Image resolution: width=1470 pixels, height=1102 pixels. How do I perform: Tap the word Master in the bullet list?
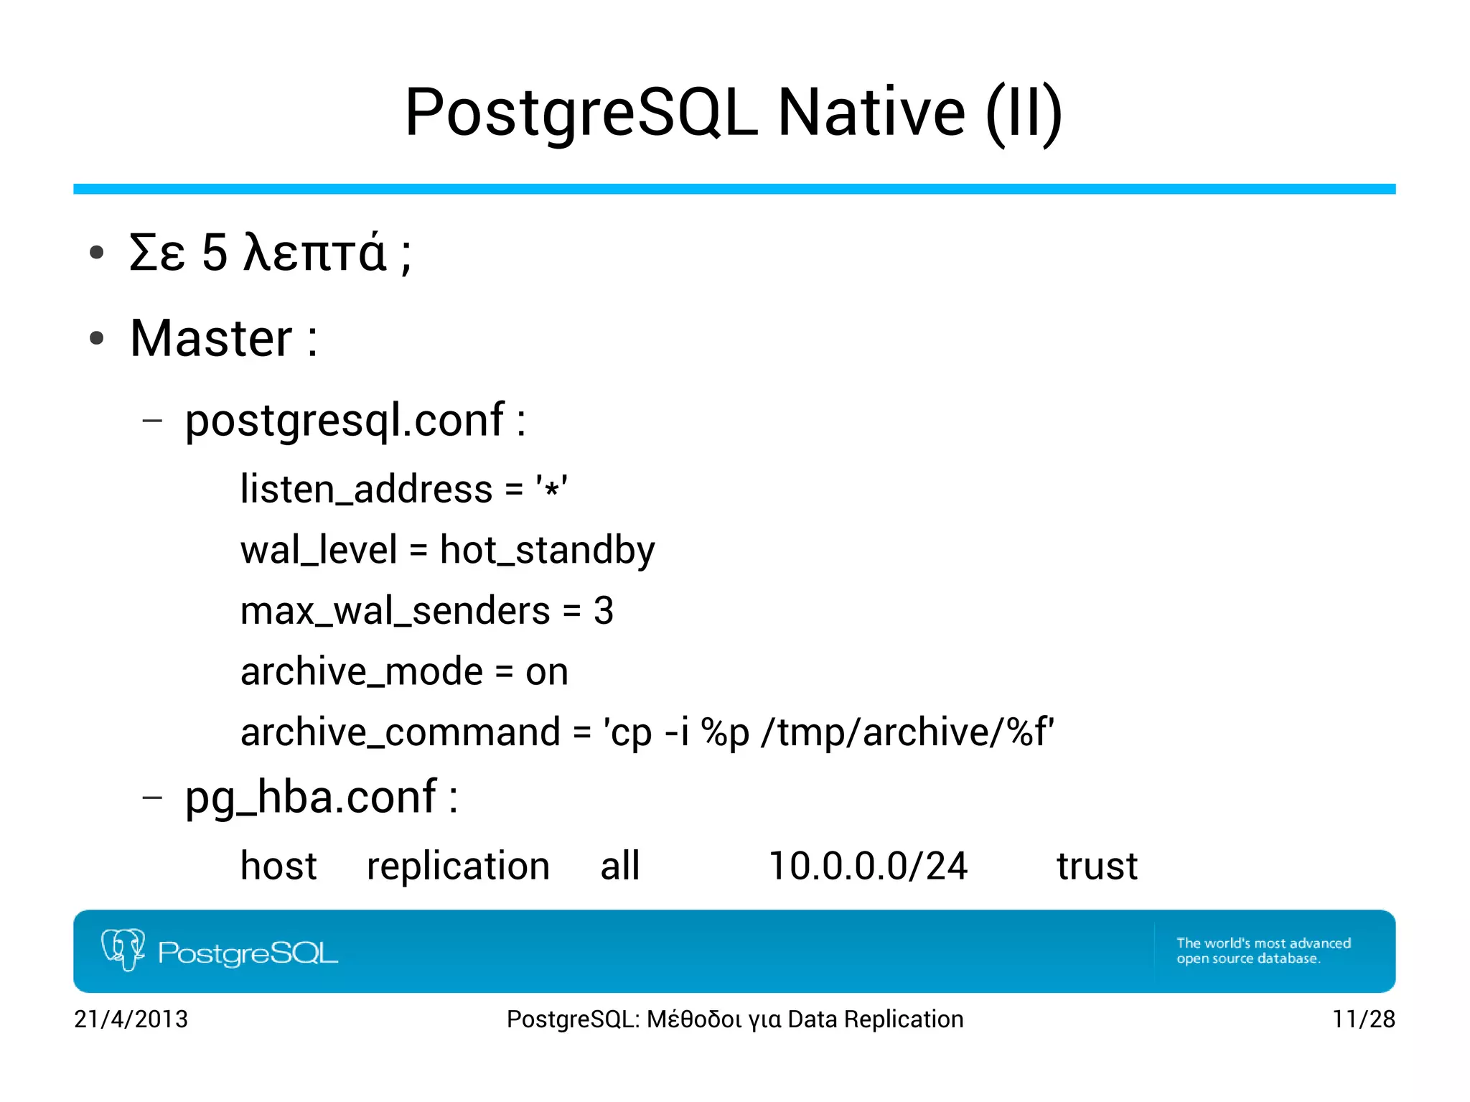coord(211,338)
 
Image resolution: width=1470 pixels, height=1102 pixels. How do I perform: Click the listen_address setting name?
coord(366,490)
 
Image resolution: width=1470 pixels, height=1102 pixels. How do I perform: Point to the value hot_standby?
coord(547,551)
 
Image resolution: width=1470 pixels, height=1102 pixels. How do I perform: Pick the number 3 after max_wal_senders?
coord(604,611)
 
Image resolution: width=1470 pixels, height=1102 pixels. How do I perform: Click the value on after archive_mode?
coord(546,672)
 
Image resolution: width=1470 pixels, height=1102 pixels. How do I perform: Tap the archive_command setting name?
coord(400,733)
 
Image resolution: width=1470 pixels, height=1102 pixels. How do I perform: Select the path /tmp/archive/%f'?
coord(907,733)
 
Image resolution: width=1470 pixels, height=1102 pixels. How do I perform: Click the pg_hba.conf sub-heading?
coord(311,797)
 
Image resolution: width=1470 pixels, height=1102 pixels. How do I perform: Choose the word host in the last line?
coord(278,866)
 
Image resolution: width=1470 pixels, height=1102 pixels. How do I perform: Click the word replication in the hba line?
coord(458,866)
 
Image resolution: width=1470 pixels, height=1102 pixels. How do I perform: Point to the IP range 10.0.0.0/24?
coord(868,866)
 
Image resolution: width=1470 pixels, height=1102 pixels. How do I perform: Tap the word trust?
coord(1097,866)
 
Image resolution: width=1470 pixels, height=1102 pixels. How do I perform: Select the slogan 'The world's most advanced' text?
coord(1263,943)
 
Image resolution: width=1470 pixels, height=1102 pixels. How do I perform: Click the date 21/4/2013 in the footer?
coord(131,1019)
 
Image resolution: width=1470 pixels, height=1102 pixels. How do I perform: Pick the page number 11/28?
coord(1363,1019)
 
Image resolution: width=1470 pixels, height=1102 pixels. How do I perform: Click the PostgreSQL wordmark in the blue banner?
coord(248,953)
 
